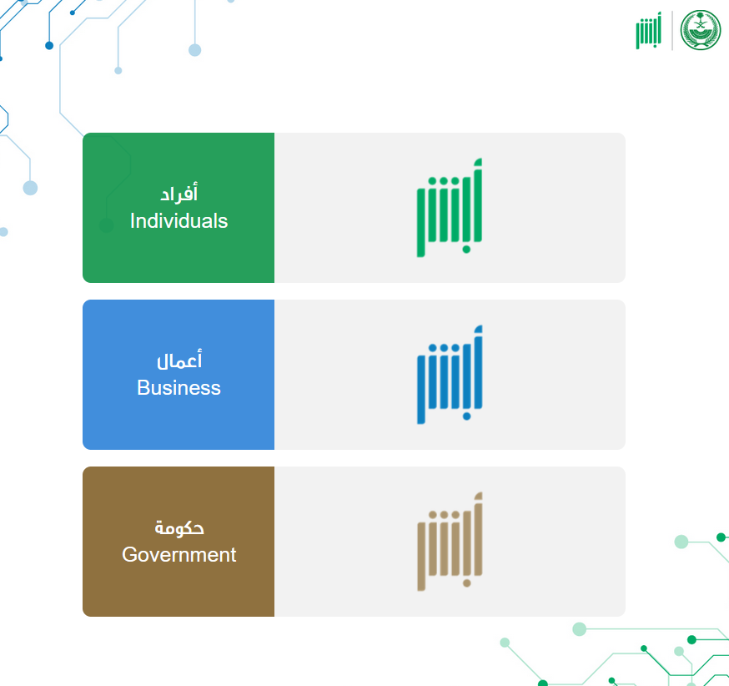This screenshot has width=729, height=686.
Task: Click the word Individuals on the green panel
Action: [x=179, y=221]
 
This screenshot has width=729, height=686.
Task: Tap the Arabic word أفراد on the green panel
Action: [x=179, y=193]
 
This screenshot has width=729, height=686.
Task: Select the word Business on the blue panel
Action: [x=179, y=387]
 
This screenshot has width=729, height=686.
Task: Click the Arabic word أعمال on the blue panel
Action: [x=179, y=360]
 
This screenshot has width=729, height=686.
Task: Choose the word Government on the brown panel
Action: [x=179, y=554]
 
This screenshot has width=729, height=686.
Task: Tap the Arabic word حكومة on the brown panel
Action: [x=179, y=528]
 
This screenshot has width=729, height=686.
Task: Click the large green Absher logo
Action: [x=450, y=208]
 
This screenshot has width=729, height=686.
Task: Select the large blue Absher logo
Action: [x=450, y=375]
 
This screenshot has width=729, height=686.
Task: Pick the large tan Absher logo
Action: [x=450, y=542]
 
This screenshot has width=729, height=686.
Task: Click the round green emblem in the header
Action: [x=701, y=30]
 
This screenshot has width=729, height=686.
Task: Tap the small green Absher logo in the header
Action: [x=649, y=30]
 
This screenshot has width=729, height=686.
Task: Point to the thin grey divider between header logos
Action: [x=672, y=30]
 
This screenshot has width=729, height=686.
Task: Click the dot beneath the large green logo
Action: [x=466, y=250]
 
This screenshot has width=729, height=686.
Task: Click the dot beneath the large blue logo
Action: [x=467, y=416]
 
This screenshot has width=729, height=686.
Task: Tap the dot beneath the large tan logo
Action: [x=467, y=583]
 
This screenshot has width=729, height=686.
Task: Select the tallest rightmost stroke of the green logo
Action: [x=478, y=200]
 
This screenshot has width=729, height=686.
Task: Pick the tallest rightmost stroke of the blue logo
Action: [x=478, y=367]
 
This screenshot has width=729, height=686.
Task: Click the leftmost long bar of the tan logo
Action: [x=421, y=557]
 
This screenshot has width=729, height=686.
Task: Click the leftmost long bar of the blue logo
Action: [x=421, y=389]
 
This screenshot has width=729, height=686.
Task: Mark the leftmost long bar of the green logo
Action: [x=420, y=222]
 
